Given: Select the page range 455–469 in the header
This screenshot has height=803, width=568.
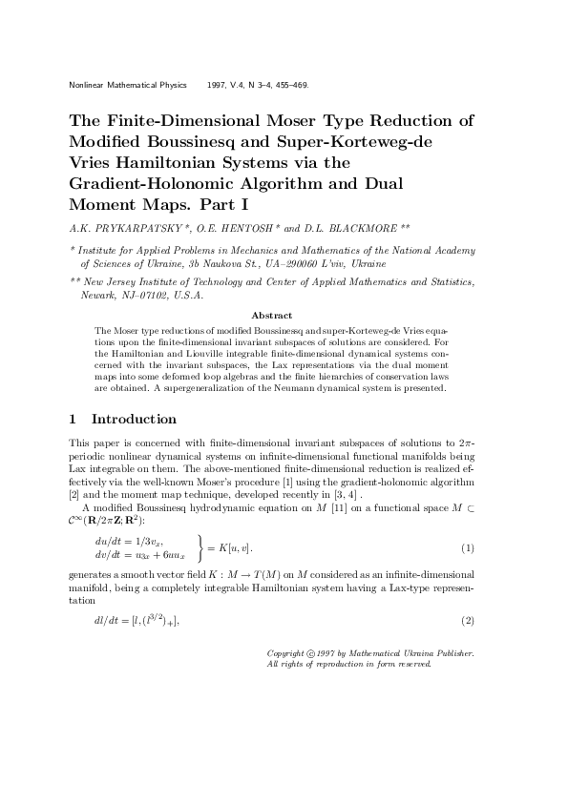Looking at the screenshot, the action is coord(289,85).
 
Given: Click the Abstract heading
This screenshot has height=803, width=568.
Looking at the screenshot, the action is coord(270,315).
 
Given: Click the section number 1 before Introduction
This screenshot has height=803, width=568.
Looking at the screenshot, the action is coord(74,419).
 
